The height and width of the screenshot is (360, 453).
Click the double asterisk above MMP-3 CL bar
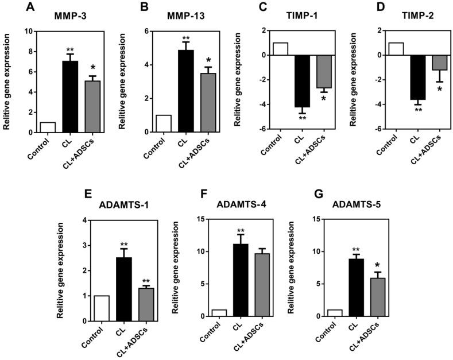69,49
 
